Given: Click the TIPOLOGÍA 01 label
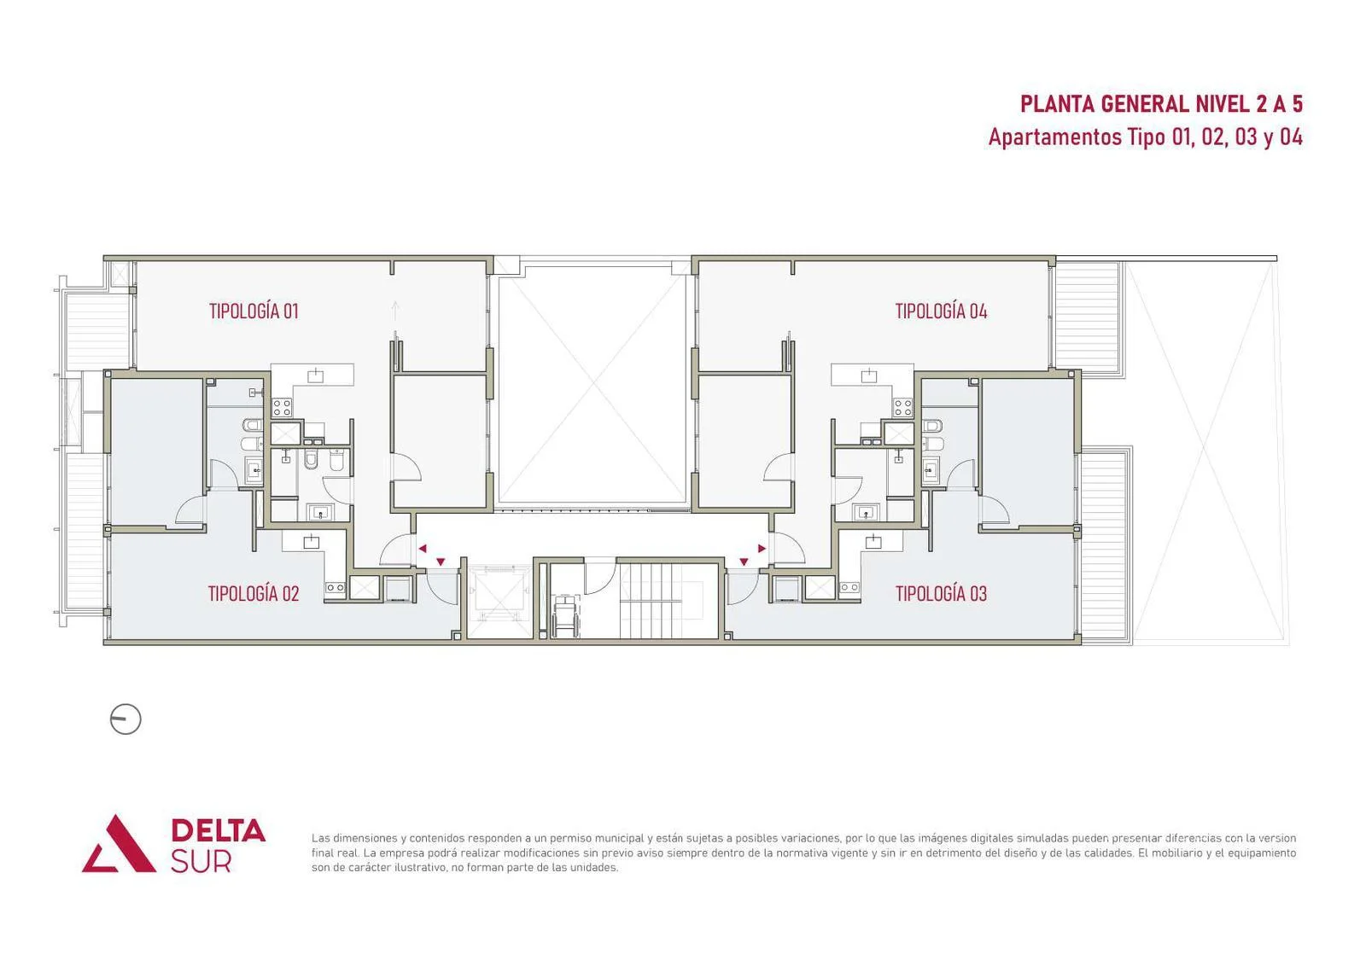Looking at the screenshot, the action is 254,311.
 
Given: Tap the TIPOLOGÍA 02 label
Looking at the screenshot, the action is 254,593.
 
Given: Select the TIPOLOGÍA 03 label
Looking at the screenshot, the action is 941,593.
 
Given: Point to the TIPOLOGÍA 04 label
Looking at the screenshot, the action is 941,311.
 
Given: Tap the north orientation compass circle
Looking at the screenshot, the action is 126,719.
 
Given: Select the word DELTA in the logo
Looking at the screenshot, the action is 218,830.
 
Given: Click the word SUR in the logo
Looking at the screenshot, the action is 201,860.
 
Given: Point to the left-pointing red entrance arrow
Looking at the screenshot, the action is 422,549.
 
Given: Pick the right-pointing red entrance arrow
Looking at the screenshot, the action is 762,549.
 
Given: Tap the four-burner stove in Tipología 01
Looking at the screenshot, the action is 281,407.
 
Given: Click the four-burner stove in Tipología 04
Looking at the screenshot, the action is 903,407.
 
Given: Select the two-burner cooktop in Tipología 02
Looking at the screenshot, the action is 335,587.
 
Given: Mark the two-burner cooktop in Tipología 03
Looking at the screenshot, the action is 849,587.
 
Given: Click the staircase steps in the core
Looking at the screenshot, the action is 650,601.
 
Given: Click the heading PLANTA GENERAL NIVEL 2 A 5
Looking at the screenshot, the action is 1161,104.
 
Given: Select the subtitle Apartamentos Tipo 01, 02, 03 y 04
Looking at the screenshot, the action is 1145,137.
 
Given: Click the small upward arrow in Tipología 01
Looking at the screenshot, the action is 395,311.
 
